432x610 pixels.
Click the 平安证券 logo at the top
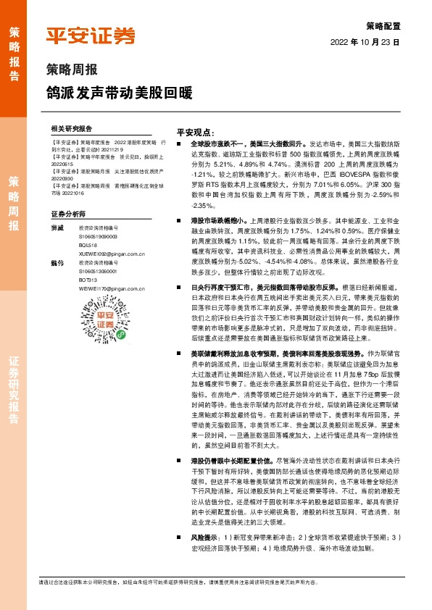pyautogui.click(x=91, y=35)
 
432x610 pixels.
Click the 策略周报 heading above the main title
pyautogui.click(x=72, y=71)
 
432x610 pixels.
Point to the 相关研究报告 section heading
pyautogui.click(x=72, y=127)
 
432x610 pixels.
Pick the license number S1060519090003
pyautogui.click(x=98, y=236)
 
